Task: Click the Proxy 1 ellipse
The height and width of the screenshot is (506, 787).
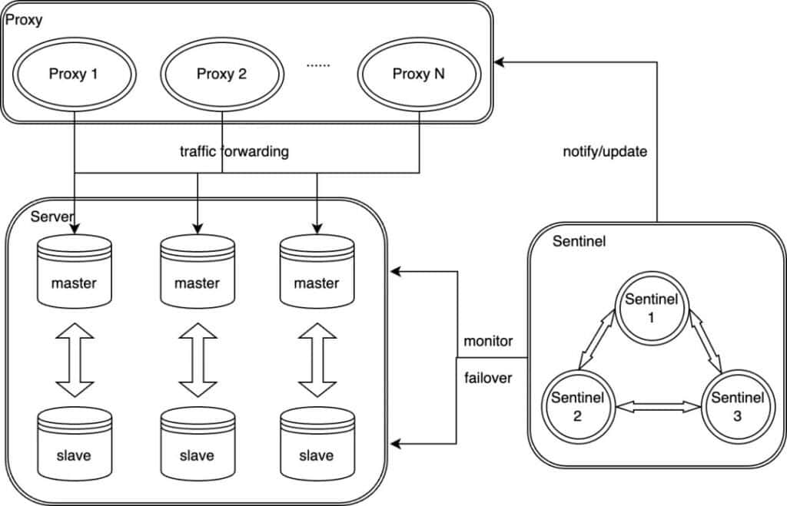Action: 73,74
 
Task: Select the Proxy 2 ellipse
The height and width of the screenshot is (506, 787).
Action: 221,74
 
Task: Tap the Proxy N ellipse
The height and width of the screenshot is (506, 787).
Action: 418,74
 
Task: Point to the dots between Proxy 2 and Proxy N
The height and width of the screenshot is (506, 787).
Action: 317,65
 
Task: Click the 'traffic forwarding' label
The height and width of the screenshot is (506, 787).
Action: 232,151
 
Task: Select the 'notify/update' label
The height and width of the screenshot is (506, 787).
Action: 605,151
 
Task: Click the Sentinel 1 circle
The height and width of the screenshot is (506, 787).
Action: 651,306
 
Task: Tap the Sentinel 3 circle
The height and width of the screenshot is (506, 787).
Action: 736,407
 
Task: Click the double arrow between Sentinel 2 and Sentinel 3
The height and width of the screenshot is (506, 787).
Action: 659,407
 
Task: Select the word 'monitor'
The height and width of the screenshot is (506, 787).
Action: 488,340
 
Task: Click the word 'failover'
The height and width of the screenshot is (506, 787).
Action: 488,378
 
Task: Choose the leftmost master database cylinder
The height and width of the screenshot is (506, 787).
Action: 74,273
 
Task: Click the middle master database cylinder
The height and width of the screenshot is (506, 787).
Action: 197,273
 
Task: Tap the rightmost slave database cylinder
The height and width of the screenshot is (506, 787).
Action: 317,445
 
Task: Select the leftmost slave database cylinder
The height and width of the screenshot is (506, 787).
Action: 74,445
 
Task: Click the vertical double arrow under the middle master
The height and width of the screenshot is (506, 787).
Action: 197,359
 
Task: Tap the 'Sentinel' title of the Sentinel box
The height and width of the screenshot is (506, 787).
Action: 579,242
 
